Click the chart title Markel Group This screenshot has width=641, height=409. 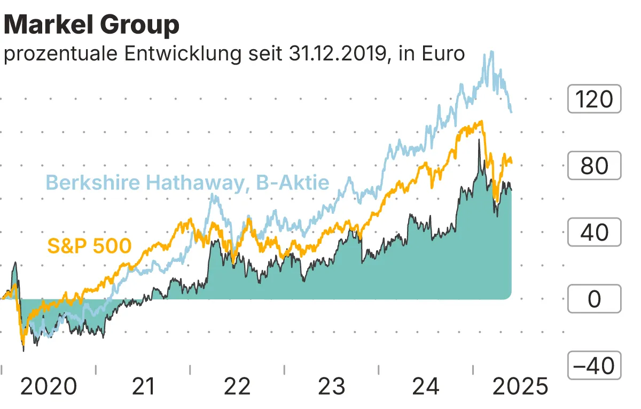click(91, 25)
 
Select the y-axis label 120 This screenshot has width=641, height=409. click(594, 99)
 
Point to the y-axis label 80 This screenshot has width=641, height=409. click(594, 166)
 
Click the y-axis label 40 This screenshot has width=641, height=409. click(594, 233)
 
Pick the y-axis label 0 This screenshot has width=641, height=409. click(594, 299)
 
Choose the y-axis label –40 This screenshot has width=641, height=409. click(594, 366)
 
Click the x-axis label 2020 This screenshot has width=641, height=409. click(48, 386)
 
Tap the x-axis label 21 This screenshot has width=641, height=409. click(143, 386)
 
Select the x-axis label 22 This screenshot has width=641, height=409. click(237, 386)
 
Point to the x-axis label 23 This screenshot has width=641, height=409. click(331, 386)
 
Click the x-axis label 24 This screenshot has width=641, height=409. click(426, 386)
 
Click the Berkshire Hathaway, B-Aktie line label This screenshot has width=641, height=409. click(187, 183)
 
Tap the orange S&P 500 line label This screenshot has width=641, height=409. click(89, 246)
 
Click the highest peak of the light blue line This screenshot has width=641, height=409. click(491, 52)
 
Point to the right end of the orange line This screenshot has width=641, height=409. click(512, 163)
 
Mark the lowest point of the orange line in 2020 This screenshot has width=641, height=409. click(22, 344)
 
